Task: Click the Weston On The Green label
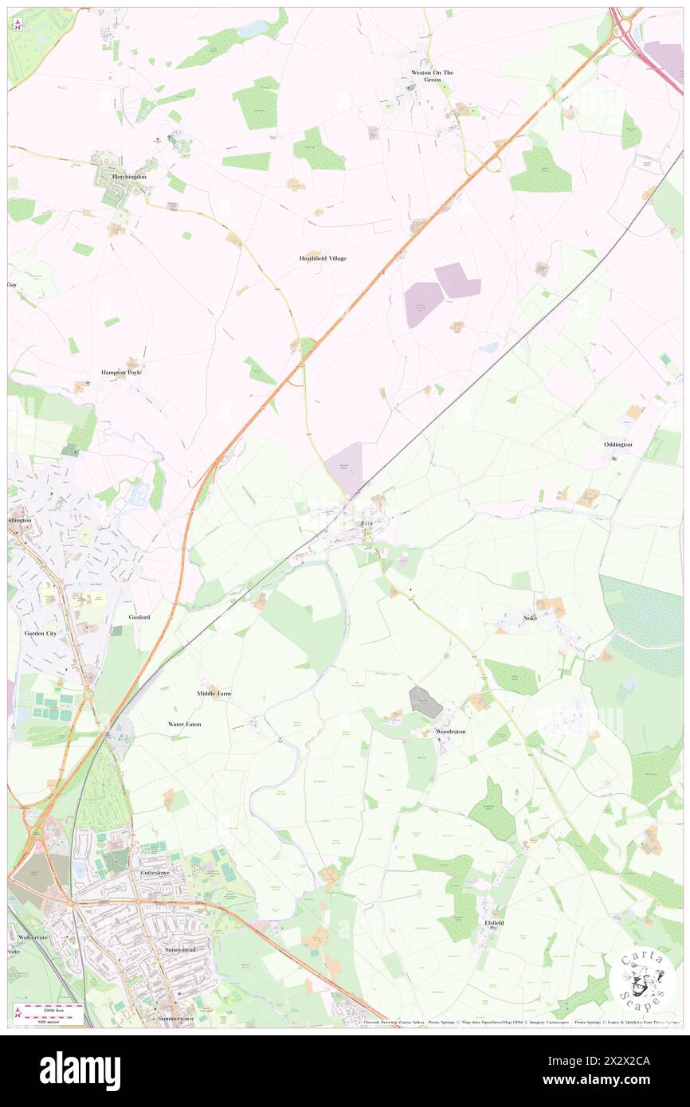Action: coord(432,76)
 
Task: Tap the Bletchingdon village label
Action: coord(130,175)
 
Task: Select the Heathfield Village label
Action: coord(323,259)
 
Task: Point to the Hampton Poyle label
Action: coord(121,372)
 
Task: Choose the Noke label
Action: coord(530,618)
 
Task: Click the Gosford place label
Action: coord(139,616)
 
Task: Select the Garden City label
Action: coord(40,633)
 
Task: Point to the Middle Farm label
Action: coord(214,694)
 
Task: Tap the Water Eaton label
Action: coord(184,724)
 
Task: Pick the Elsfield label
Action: coord(494,922)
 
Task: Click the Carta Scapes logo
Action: coord(641,980)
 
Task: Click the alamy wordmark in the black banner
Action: coord(80,1070)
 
